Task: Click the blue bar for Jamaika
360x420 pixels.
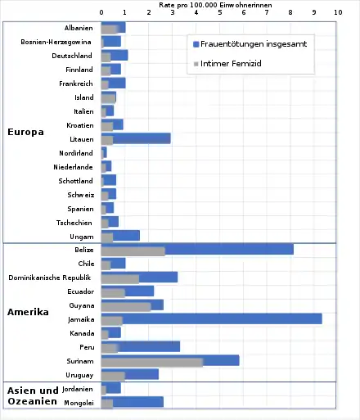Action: pos(212,318)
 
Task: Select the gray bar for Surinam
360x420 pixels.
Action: pos(152,363)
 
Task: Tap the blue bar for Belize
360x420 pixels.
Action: pos(197,249)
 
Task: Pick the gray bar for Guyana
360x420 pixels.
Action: pos(126,307)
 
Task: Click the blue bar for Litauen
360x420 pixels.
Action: pos(136,138)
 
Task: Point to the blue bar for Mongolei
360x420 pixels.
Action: pos(133,402)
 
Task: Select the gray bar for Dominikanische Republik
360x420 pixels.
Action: pos(120,279)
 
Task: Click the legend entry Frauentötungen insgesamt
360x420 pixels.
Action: pos(250,44)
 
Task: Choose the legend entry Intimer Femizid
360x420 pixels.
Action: pos(227,64)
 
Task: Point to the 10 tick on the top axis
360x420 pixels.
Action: pos(338,12)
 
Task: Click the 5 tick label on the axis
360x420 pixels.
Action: pos(220,12)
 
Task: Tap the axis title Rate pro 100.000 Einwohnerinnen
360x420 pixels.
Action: pos(215,5)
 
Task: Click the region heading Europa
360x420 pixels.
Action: pos(25,132)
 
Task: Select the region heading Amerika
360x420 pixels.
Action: pos(28,312)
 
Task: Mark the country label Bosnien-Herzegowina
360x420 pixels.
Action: pos(56,42)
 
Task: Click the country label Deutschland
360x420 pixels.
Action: pos(72,56)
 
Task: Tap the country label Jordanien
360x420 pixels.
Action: pos(78,389)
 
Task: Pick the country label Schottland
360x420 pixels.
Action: pos(75,181)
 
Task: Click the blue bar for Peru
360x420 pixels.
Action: pos(141,346)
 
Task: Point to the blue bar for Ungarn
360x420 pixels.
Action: pos(120,236)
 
